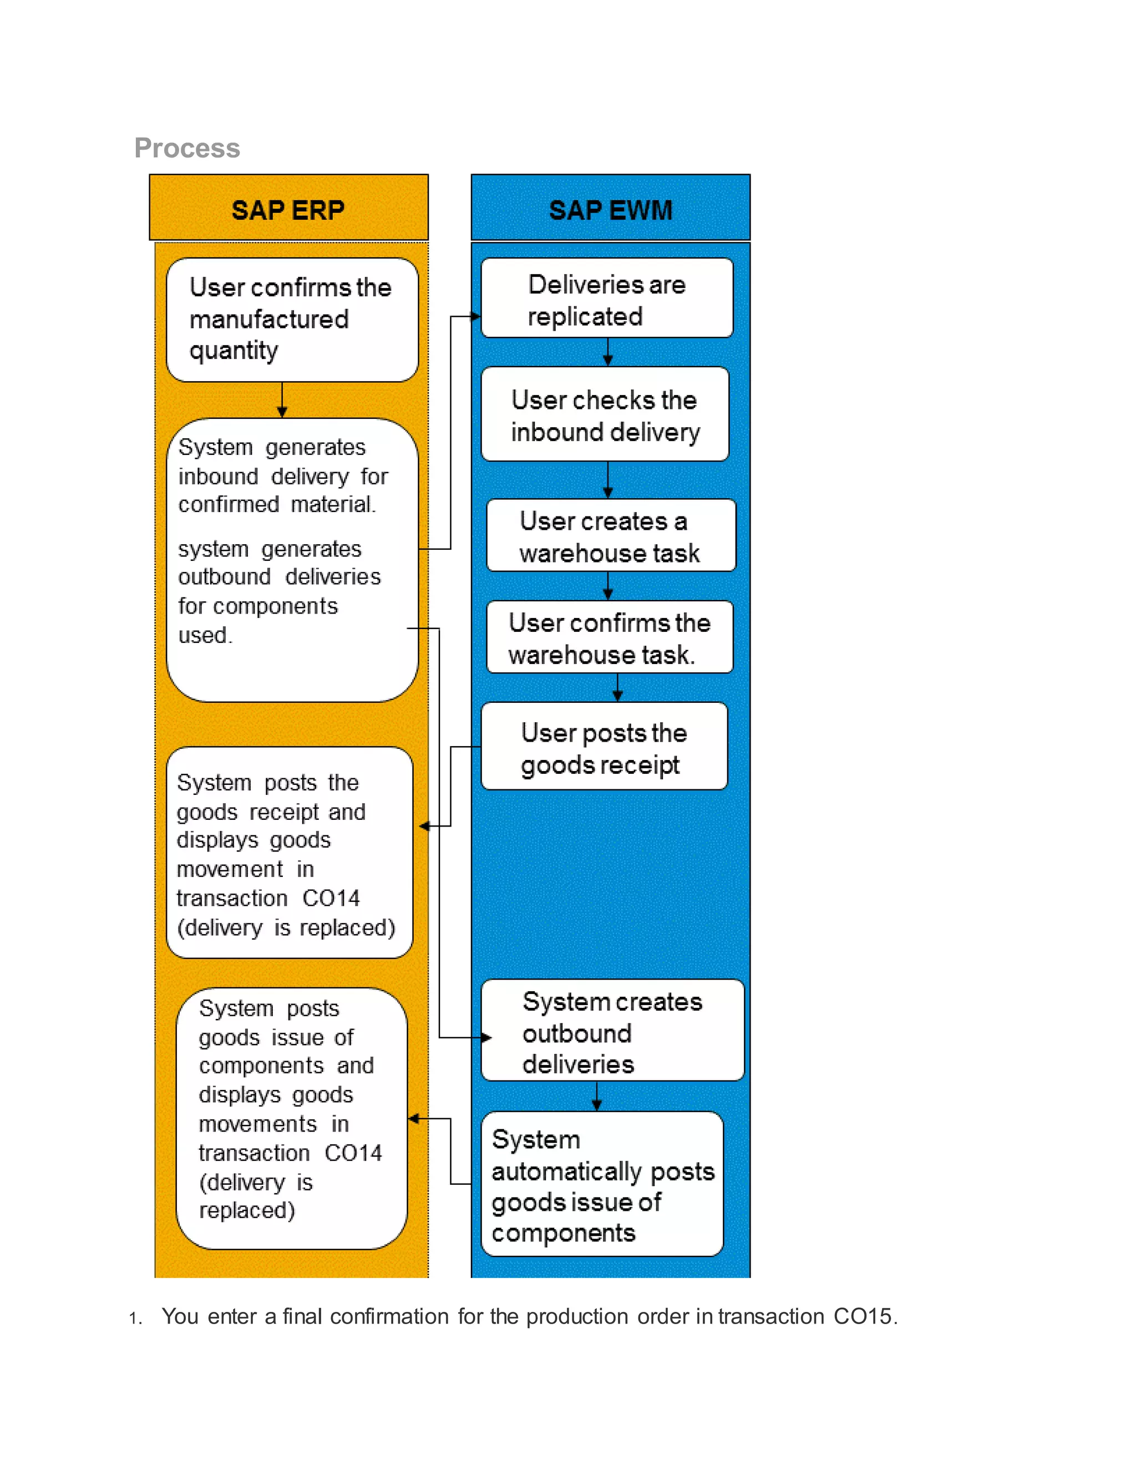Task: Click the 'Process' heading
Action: (x=187, y=148)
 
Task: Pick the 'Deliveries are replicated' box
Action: (x=606, y=300)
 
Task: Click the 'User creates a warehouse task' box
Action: (x=610, y=536)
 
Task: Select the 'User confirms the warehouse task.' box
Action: (x=609, y=637)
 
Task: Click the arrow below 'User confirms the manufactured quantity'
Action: (x=282, y=401)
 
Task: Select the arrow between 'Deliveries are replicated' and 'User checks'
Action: (x=608, y=352)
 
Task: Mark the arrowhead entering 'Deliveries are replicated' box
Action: (x=476, y=316)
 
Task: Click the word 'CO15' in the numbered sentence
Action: (x=862, y=1316)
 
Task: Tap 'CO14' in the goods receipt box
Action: (x=331, y=898)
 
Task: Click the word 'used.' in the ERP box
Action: (x=205, y=635)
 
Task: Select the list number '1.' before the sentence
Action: (x=135, y=1318)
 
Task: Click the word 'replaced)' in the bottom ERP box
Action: (x=247, y=1210)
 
